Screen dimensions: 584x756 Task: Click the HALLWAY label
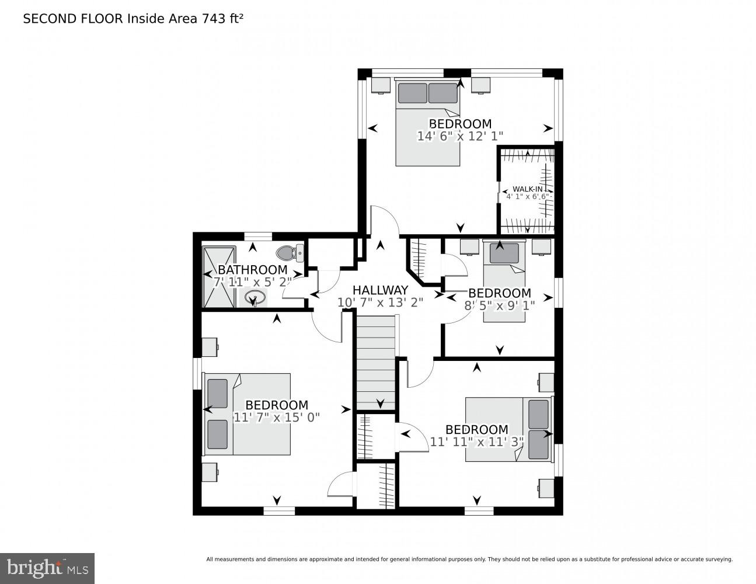(380, 290)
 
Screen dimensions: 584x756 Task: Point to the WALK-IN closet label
(527, 189)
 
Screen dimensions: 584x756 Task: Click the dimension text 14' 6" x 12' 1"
(460, 136)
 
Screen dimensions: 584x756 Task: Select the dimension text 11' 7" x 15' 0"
(276, 417)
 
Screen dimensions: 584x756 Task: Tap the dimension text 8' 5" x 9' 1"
(499, 304)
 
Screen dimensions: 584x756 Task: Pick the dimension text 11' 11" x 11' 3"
(476, 442)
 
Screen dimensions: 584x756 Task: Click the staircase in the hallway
(376, 362)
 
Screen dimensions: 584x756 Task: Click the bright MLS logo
(47, 568)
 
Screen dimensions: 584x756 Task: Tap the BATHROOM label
(252, 270)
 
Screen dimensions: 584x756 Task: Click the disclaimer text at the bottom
(469, 559)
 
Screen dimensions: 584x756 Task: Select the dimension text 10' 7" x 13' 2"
(380, 303)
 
